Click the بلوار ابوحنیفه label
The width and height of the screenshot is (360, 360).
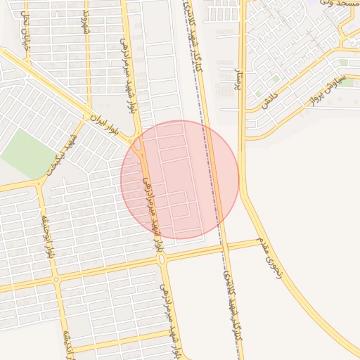point(50,236)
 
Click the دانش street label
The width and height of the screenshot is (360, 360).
point(269,100)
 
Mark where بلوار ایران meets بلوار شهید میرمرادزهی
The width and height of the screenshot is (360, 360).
point(139,144)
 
